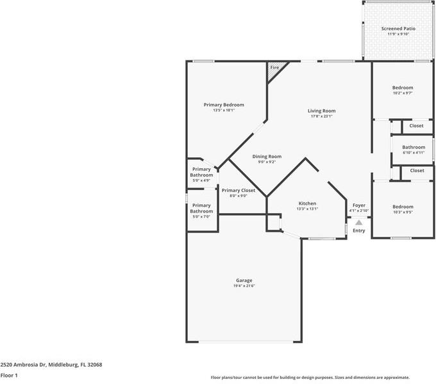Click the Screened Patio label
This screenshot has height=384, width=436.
(x=398, y=28)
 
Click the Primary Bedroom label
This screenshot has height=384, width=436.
(x=224, y=105)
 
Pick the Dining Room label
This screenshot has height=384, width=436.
(x=267, y=156)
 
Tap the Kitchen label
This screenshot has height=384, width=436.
(x=307, y=203)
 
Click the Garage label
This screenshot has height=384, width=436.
(x=244, y=280)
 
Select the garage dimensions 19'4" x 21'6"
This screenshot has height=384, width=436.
(x=244, y=286)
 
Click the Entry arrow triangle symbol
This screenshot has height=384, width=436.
(x=358, y=222)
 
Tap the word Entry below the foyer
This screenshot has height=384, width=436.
(x=358, y=231)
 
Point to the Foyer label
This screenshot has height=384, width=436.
(x=358, y=205)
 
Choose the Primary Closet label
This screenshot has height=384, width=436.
(x=239, y=190)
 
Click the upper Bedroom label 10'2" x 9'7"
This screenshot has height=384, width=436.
(x=403, y=87)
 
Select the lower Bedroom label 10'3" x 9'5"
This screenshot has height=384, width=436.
(x=403, y=206)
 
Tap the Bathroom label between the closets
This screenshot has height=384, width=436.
(x=414, y=147)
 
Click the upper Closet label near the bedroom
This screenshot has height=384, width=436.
(x=417, y=126)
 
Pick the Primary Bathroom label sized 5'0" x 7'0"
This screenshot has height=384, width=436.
(x=201, y=208)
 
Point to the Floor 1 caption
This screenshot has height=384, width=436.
(x=9, y=375)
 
